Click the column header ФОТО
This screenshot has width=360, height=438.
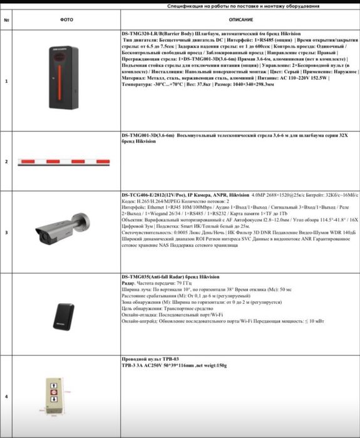click(66, 19)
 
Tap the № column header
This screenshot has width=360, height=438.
click(6, 19)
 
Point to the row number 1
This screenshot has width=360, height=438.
click(6, 81)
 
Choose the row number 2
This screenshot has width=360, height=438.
click(6, 162)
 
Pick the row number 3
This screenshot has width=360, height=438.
click(6, 232)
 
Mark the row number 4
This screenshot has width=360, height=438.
click(6, 397)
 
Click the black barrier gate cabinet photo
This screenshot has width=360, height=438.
click(66, 80)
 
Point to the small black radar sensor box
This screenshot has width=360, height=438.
click(63, 313)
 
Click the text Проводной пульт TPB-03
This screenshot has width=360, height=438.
click(145, 360)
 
